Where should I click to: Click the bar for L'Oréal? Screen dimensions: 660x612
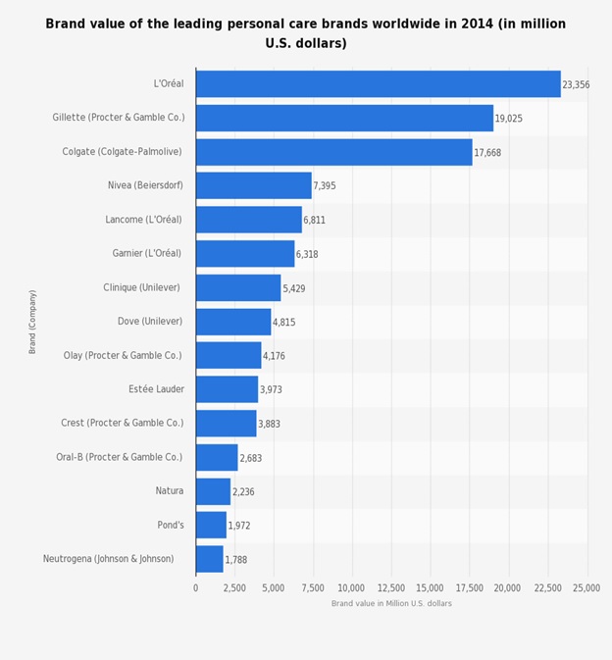click(x=378, y=84)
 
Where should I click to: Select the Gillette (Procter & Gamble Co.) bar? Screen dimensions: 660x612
click(x=344, y=118)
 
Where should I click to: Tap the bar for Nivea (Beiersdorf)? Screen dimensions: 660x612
click(x=253, y=185)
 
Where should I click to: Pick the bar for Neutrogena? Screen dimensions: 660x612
click(x=209, y=559)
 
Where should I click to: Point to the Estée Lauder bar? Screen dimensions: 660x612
click(x=227, y=389)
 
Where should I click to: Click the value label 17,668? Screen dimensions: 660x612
click(x=487, y=153)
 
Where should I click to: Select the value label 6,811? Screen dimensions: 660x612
click(x=314, y=221)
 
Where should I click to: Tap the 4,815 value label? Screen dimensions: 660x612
click(x=283, y=323)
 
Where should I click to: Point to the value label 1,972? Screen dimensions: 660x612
click(x=239, y=526)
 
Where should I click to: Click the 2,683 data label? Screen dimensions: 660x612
click(x=250, y=458)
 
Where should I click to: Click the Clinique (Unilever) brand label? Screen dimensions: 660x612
click(x=141, y=287)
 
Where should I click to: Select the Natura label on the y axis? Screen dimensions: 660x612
click(x=169, y=490)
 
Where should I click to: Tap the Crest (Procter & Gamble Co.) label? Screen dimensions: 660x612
click(x=122, y=423)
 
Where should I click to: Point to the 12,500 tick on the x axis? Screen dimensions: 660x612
click(x=391, y=587)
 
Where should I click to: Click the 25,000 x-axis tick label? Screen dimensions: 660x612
click(x=586, y=587)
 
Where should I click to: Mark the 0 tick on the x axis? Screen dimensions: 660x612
click(x=195, y=587)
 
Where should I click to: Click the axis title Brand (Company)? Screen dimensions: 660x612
click(x=32, y=322)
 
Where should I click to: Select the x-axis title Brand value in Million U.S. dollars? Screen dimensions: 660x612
click(x=391, y=603)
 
